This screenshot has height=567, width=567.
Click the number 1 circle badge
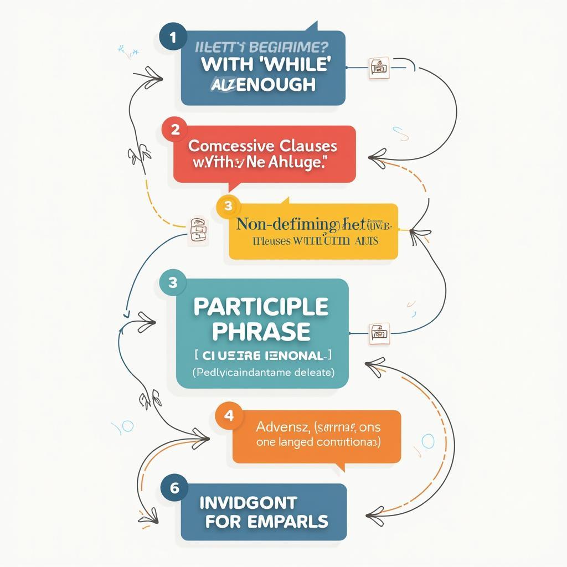(x=172, y=38)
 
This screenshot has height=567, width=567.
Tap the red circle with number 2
(x=175, y=130)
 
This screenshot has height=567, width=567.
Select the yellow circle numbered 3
(x=228, y=207)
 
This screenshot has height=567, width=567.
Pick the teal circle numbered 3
(x=172, y=282)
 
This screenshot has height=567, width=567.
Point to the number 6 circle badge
(x=174, y=488)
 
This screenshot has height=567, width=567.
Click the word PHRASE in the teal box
(x=262, y=331)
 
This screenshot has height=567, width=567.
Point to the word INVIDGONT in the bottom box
(x=248, y=503)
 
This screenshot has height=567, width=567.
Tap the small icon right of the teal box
(x=379, y=332)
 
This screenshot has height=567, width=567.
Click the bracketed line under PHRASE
(x=262, y=355)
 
